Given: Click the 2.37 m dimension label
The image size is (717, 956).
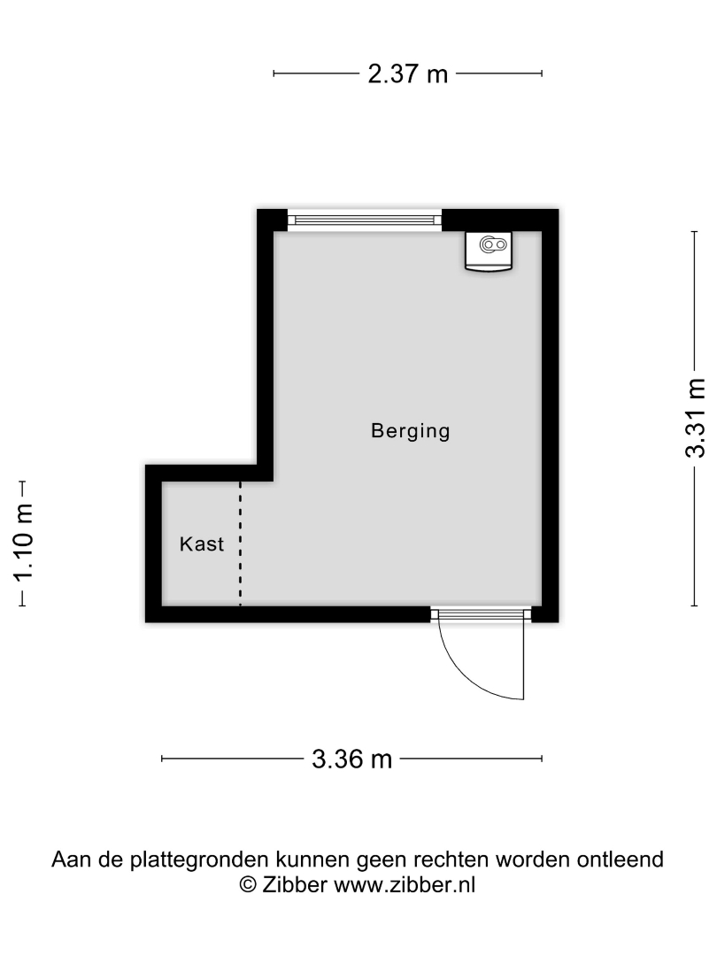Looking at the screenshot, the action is point(408,73).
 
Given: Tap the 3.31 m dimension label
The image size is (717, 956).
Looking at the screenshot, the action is point(695,418).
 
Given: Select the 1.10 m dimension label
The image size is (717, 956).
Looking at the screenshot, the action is point(24,543).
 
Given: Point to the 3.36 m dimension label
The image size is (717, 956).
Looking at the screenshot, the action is point(351,759).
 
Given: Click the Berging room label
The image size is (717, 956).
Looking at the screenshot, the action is point(411,432).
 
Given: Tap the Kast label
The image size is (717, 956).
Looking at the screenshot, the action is point(202,544).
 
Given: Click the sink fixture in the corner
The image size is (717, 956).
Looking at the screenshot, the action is point(489,251).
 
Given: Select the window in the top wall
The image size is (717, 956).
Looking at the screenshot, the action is point(365,220).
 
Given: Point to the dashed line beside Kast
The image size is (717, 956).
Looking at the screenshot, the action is point(240,543).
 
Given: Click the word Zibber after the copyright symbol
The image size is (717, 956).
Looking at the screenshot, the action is point(295,884).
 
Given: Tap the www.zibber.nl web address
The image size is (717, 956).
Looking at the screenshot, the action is point(405,884).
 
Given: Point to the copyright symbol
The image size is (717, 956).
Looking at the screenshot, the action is point(248,884).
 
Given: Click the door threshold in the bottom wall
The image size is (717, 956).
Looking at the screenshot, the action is point(481,613).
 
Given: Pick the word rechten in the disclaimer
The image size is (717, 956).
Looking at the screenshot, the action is point(451,859).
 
